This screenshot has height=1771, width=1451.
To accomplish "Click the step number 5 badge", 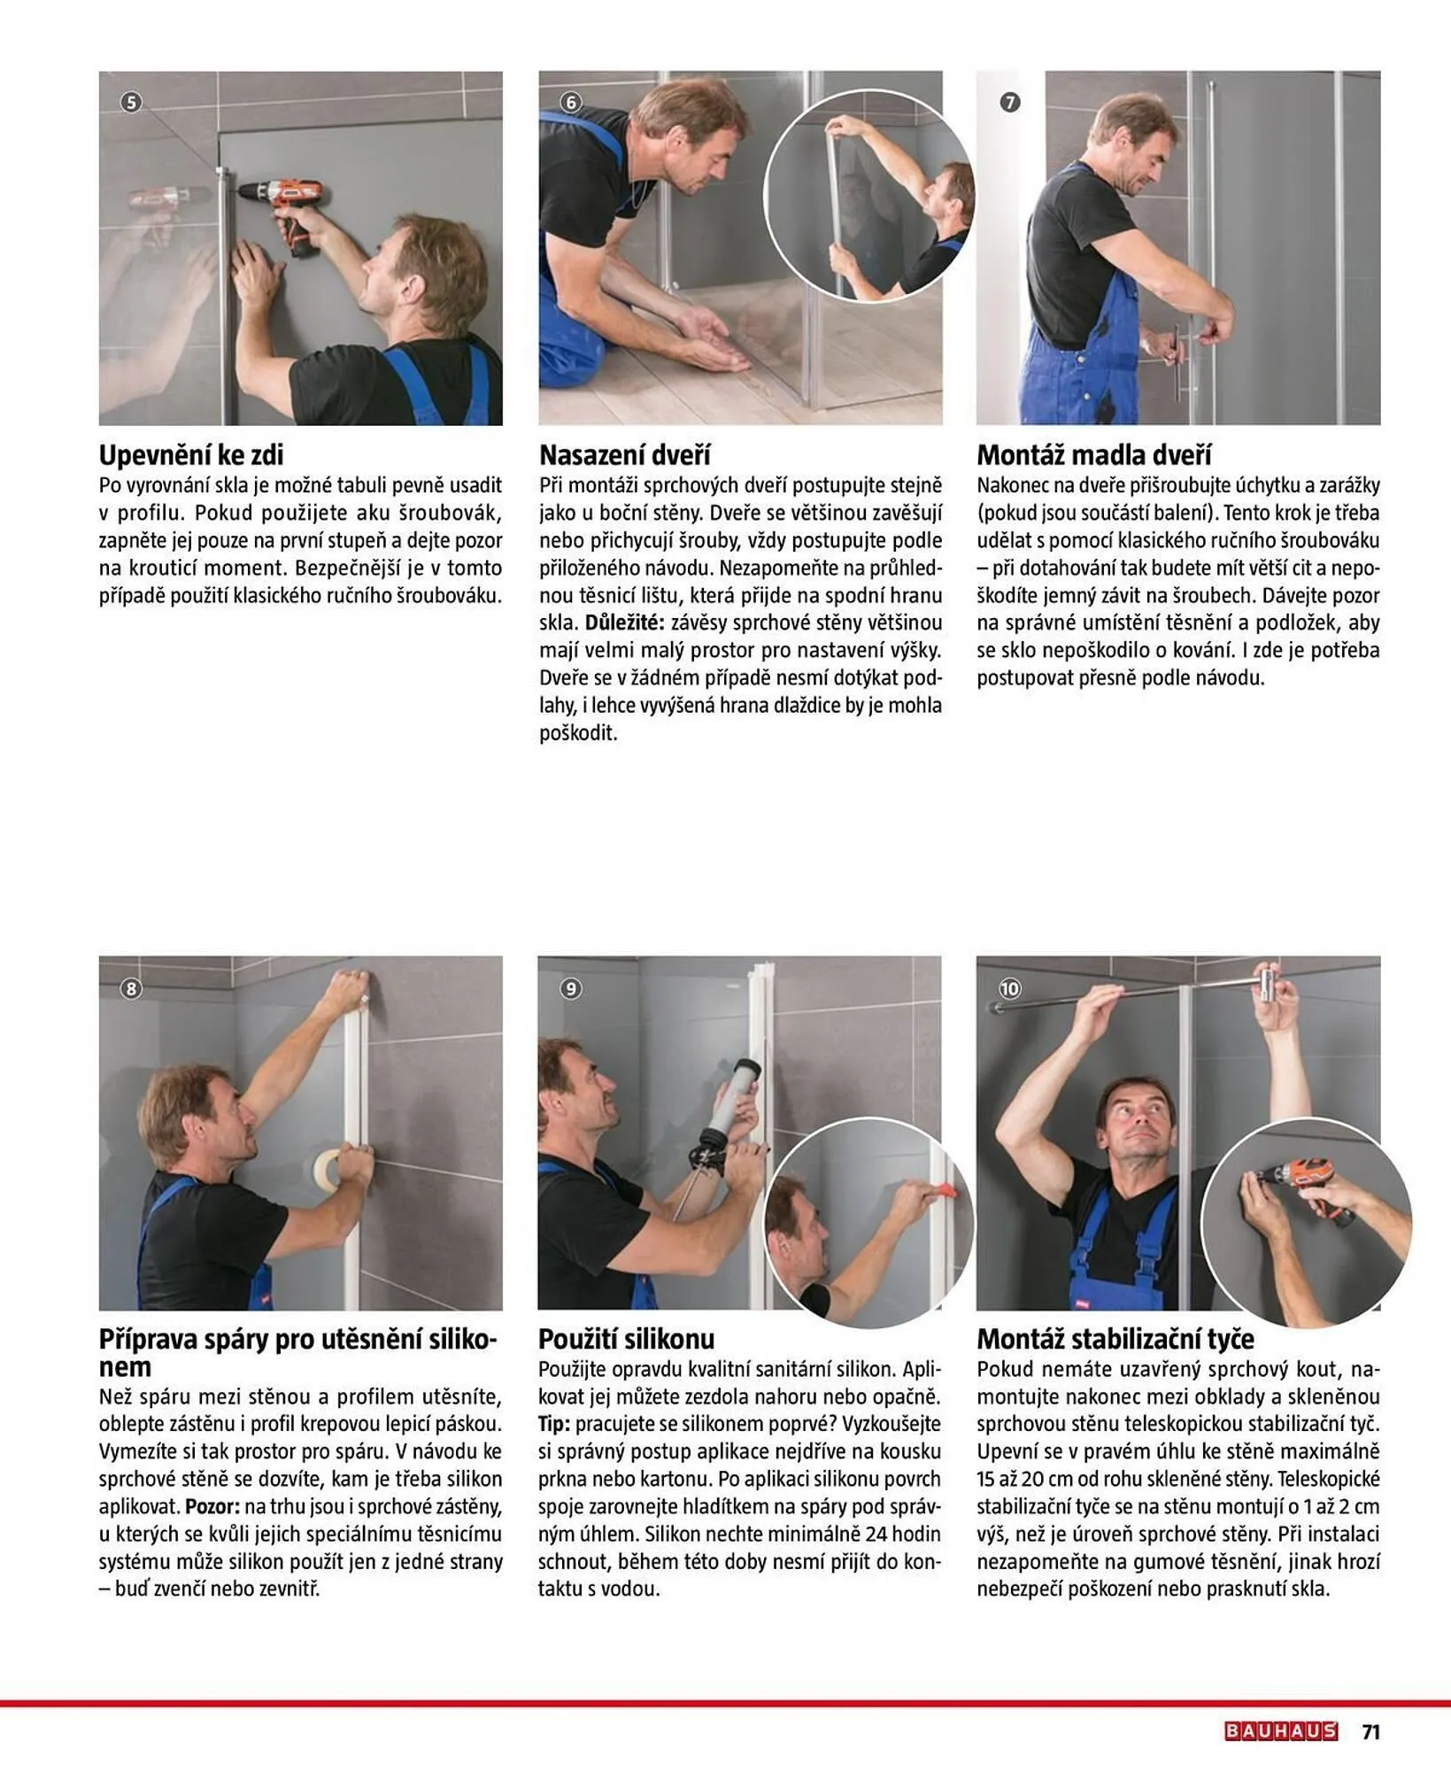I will (x=131, y=103).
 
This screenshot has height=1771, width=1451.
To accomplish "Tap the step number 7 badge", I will (x=1010, y=103).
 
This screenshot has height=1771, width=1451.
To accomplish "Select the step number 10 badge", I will (x=1009, y=988).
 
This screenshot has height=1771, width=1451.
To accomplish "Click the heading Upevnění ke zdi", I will (x=191, y=455).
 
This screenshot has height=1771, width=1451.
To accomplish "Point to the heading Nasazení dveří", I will (x=625, y=455).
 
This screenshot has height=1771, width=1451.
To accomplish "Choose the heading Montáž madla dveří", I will (x=1094, y=455).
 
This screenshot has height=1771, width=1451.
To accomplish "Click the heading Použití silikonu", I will (x=626, y=1338).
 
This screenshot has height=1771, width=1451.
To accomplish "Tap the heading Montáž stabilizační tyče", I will (x=1115, y=1338).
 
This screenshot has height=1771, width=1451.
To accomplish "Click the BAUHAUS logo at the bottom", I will (x=1280, y=1731).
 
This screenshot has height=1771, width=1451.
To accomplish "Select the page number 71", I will (x=1370, y=1731).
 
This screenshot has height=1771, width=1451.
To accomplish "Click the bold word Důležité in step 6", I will (x=624, y=623).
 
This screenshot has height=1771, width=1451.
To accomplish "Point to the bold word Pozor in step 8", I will (x=212, y=1506).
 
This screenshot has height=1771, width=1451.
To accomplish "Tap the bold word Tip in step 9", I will (x=554, y=1424).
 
